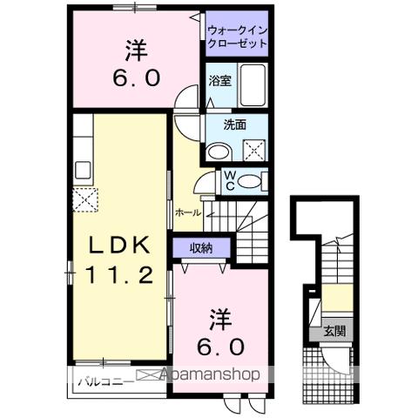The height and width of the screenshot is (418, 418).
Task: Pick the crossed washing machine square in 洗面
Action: tap(255, 148)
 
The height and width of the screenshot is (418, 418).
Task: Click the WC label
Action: tap(229, 180)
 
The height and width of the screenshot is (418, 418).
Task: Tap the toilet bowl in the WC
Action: tap(250, 181)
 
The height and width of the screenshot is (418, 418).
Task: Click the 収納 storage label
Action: tap(200, 249)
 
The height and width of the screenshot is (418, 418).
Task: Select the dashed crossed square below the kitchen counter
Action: tap(85, 199)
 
